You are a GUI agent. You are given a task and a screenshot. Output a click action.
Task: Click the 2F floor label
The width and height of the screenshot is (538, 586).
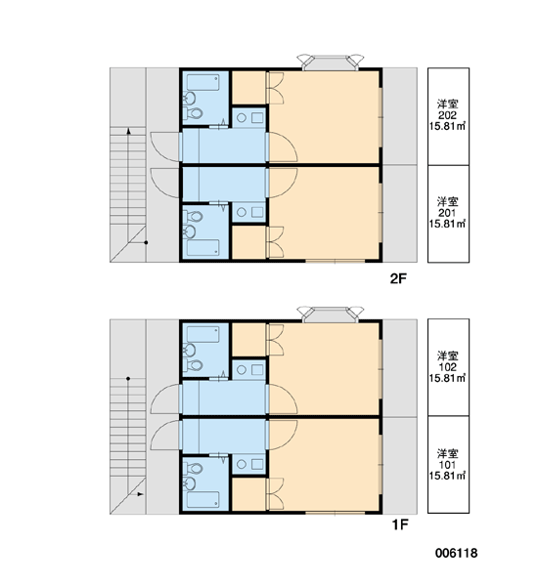pos(398,278)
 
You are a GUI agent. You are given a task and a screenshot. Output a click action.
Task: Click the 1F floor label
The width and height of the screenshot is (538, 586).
pos(399,524)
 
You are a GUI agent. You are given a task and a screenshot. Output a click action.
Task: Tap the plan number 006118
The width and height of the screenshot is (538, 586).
pos(456,553)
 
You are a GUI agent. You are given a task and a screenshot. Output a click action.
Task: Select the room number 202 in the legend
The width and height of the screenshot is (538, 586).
pos(447,115)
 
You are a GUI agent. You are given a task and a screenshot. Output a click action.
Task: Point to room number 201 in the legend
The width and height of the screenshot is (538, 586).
pos(447,213)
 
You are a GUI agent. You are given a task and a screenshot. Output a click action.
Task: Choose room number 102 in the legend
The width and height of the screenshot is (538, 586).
pos(447,367)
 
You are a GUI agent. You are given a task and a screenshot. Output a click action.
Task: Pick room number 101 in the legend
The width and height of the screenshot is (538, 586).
pos(447,465)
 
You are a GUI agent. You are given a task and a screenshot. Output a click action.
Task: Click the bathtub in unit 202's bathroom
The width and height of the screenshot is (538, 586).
pos(202,82)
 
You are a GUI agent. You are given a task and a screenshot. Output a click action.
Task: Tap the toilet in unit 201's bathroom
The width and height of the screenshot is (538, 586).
pos(194,217)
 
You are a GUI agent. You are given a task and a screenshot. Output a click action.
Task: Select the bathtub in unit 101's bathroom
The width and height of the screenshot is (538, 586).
pos(202,499)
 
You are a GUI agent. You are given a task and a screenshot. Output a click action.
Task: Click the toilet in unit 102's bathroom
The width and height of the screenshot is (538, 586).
pos(194,365)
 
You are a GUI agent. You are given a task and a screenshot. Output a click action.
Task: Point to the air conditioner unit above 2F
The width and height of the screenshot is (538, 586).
pos(330,63)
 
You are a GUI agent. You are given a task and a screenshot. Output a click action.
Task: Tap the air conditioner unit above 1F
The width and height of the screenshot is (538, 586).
pos(330,314)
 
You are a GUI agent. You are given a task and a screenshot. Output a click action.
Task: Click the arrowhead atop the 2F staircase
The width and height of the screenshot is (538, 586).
pos(128,131)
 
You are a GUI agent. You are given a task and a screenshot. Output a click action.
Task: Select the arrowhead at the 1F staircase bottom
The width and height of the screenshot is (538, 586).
pos(141,494)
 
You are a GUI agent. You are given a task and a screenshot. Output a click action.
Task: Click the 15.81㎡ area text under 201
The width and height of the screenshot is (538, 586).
pos(447,224)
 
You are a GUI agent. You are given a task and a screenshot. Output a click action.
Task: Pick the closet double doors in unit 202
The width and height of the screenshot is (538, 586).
pos(276,88)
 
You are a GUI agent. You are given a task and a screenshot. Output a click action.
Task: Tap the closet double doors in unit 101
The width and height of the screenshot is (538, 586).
pos(276,493)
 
